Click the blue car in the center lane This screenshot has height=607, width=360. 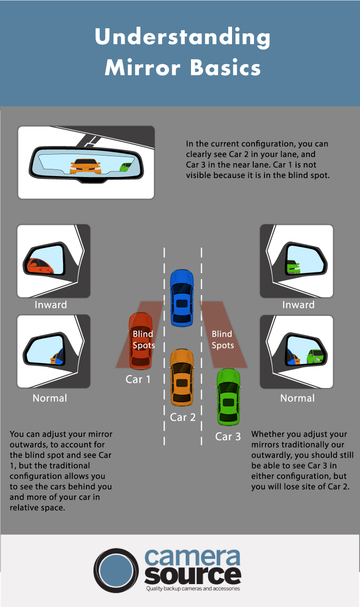(182, 298)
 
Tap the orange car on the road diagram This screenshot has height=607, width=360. (182, 377)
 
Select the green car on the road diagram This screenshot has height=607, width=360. (228, 397)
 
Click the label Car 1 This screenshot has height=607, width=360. (138, 379)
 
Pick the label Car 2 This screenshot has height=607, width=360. (183, 418)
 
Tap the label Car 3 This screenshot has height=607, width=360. (228, 437)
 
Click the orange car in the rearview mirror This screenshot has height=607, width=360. (85, 166)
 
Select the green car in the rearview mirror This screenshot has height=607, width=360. (125, 167)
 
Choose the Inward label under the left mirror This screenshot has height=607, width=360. (51, 305)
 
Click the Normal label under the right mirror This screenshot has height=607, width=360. (297, 398)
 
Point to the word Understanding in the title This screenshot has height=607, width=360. (182, 38)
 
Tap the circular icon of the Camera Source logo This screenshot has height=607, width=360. (116, 571)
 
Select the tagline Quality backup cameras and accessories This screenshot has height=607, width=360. (192, 589)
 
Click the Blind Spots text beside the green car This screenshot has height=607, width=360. (222, 339)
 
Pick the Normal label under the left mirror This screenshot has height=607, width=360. (50, 398)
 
